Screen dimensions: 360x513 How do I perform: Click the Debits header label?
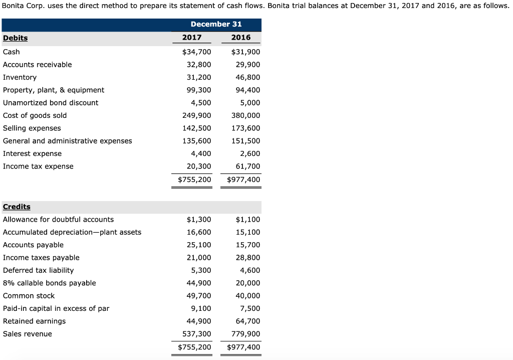tap(16, 38)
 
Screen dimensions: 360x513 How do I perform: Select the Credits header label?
tap(17, 207)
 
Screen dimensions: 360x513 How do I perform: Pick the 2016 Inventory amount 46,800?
tap(248, 77)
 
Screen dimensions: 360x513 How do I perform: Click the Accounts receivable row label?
tap(37, 65)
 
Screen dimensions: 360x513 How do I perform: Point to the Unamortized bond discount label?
tap(51, 103)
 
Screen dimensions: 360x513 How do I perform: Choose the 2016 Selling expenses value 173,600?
tap(246, 128)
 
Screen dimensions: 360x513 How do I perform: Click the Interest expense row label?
tap(32, 153)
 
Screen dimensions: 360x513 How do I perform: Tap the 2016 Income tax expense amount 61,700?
tap(248, 166)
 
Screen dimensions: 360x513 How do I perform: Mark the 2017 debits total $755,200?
tap(194, 179)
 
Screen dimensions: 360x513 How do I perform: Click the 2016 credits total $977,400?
tap(243, 347)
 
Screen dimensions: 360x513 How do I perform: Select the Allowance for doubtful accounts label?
tap(58, 220)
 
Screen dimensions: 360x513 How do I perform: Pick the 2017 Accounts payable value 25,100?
tap(199, 245)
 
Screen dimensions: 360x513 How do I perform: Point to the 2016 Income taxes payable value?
tap(248, 258)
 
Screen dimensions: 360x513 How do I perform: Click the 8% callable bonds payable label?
tap(49, 283)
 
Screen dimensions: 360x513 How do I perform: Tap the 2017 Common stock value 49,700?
tap(199, 296)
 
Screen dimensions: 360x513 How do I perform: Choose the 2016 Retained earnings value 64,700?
tap(248, 321)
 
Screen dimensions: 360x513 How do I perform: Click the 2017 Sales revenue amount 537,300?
tap(196, 334)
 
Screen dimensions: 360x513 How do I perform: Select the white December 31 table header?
tap(216, 24)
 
